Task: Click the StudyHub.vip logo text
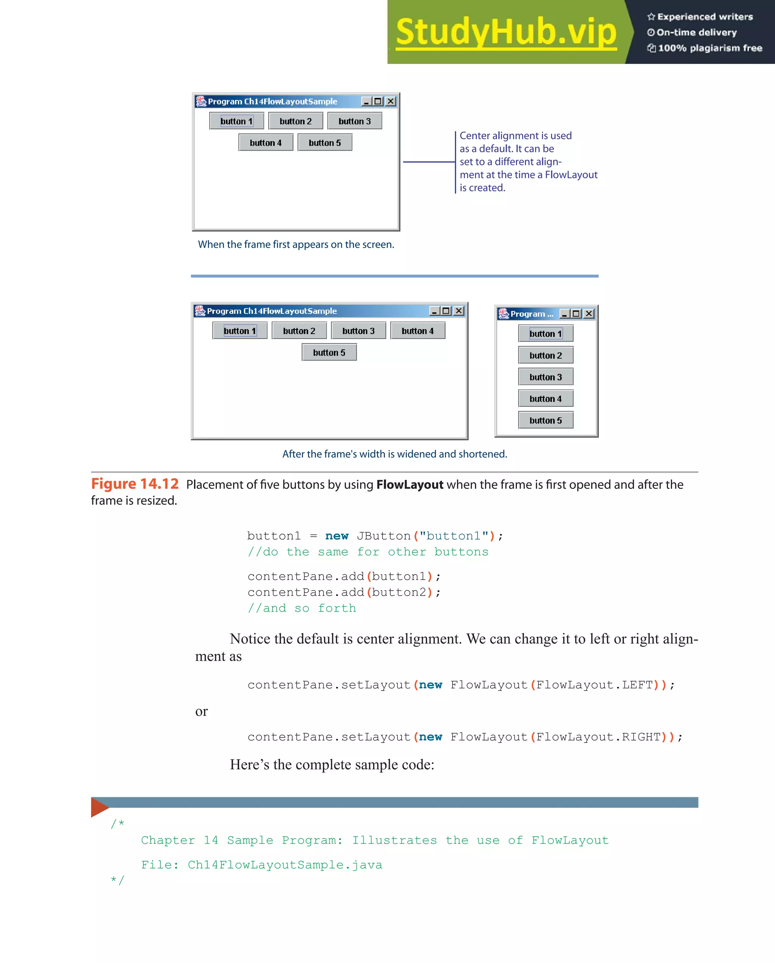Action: (506, 32)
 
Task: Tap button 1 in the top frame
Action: (236, 121)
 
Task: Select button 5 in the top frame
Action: (325, 143)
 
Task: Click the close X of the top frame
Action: (391, 101)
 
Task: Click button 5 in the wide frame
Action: (329, 352)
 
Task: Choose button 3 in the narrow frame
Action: (545, 377)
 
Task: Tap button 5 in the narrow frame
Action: (545, 420)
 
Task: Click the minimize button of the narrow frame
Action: (565, 314)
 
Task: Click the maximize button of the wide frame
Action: (446, 311)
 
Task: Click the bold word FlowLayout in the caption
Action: (409, 485)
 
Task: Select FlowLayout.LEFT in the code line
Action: (594, 685)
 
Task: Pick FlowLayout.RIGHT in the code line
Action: (598, 737)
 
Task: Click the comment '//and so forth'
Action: (302, 608)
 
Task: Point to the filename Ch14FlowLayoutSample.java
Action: (285, 865)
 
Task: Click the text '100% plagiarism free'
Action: (710, 48)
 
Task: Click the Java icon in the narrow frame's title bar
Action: (503, 314)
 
